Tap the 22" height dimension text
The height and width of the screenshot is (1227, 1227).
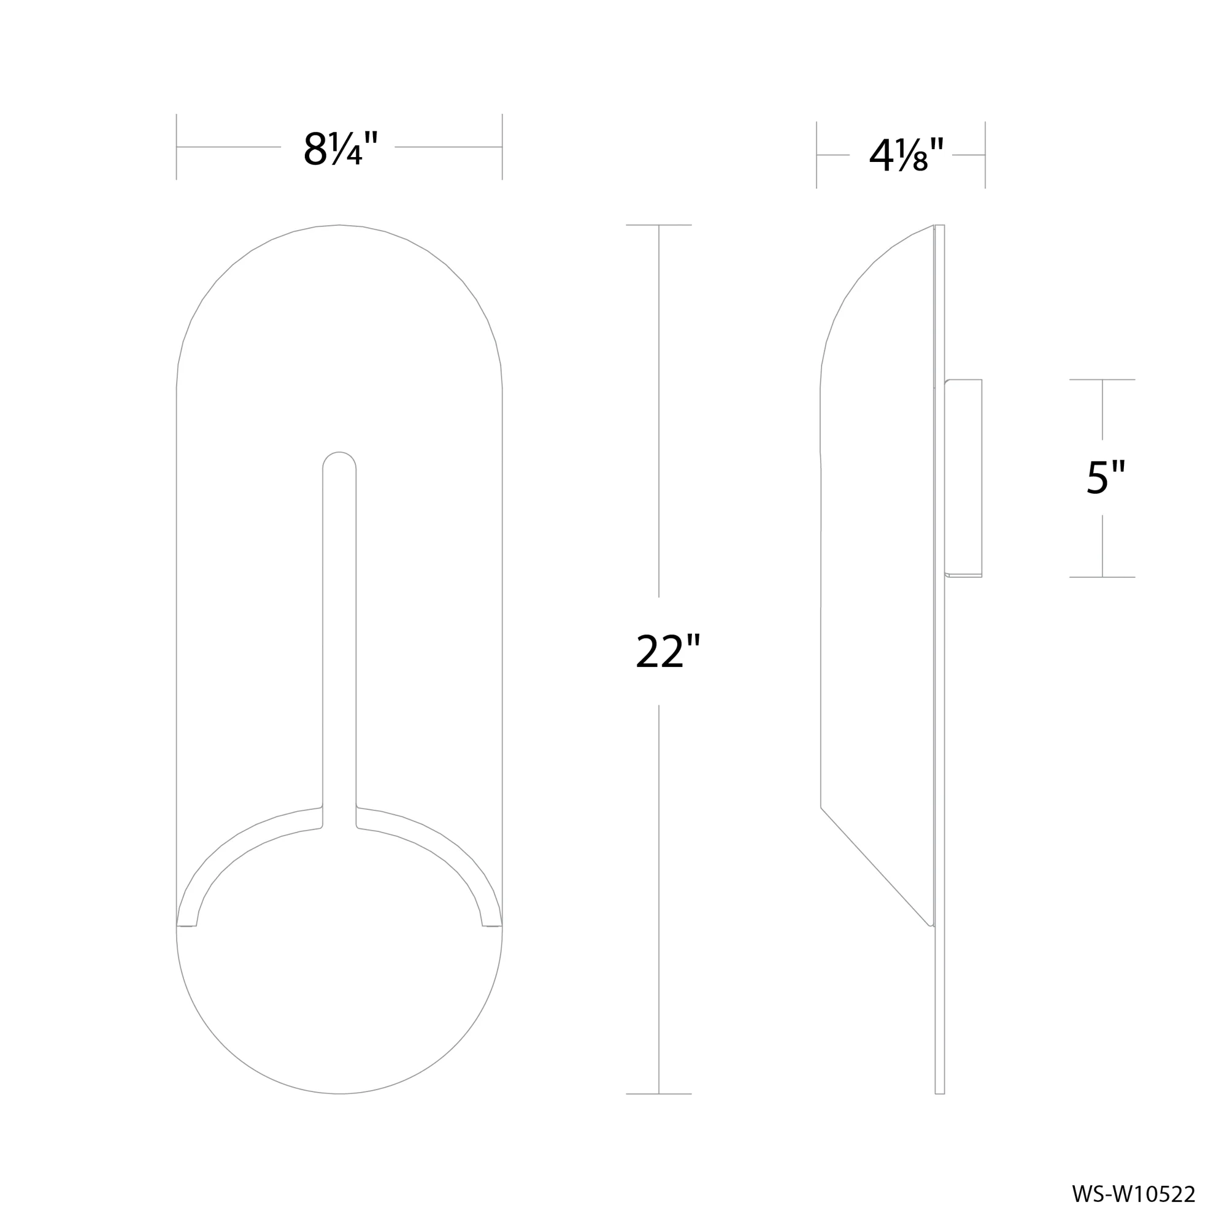(667, 652)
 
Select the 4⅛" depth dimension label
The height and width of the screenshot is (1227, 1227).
(906, 156)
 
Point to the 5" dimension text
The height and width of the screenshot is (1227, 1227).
(1106, 477)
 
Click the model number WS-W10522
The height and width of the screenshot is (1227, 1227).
(1134, 1194)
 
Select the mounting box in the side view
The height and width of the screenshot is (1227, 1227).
(963, 477)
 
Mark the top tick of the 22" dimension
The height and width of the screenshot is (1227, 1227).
(658, 225)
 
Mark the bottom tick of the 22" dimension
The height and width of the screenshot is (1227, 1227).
(658, 1094)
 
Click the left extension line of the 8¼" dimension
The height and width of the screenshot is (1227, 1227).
(177, 147)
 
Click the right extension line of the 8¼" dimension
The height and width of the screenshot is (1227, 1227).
(502, 147)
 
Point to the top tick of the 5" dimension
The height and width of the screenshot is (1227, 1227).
(1102, 380)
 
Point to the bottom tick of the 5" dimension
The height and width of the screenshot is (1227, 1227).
(1102, 577)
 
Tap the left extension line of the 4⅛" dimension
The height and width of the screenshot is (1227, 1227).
(817, 155)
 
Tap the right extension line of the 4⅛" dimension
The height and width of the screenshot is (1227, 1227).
(985, 155)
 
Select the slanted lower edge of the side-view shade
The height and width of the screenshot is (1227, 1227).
(877, 867)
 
